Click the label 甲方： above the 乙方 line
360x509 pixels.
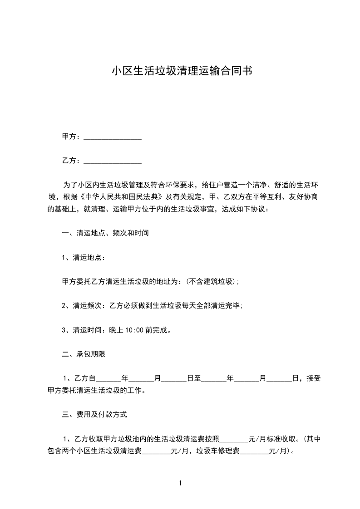coord(71,137)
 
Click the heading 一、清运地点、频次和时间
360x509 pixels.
coord(105,234)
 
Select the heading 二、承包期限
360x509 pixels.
coord(84,354)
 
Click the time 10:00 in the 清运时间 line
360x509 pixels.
coord(132,330)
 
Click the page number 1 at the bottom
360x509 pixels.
coord(180,483)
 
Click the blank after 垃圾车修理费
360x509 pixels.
coord(254,452)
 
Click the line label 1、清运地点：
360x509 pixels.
coord(84,258)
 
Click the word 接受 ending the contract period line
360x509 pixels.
coord(313,378)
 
